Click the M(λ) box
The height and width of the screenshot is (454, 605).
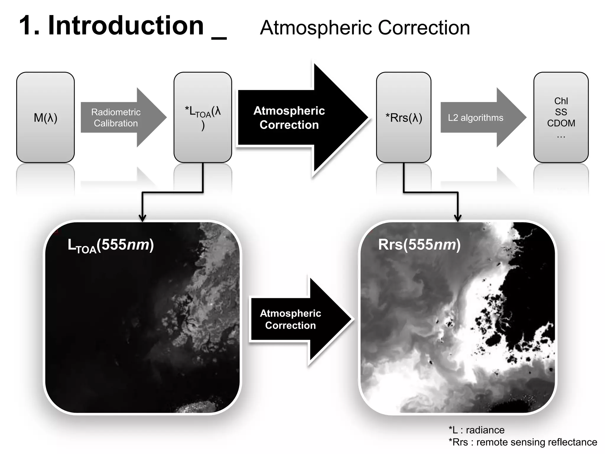pyautogui.click(x=45, y=117)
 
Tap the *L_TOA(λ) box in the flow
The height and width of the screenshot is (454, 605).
pyautogui.click(x=203, y=117)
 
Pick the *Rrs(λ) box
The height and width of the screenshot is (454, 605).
pyautogui.click(x=404, y=117)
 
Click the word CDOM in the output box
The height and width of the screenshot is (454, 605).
pyautogui.click(x=561, y=123)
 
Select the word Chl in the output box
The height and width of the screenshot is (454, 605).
pyautogui.click(x=561, y=101)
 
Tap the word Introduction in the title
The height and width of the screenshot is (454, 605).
pyautogui.click(x=126, y=26)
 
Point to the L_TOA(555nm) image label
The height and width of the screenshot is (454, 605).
pyautogui.click(x=111, y=245)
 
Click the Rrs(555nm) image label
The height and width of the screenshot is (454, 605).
pyautogui.click(x=419, y=245)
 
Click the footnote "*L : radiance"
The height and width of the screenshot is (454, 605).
pyautogui.click(x=476, y=430)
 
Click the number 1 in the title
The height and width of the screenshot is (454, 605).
pyautogui.click(x=27, y=26)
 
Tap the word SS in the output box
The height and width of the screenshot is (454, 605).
pyautogui.click(x=561, y=112)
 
